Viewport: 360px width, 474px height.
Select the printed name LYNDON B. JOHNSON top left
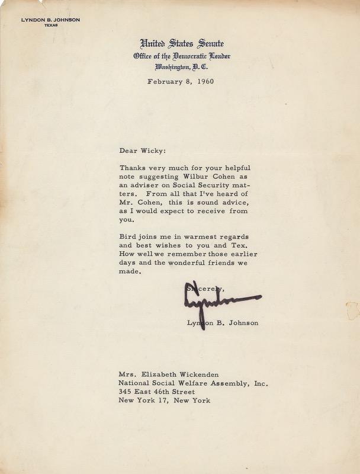(x=50, y=20)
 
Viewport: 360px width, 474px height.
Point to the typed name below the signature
(x=222, y=323)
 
